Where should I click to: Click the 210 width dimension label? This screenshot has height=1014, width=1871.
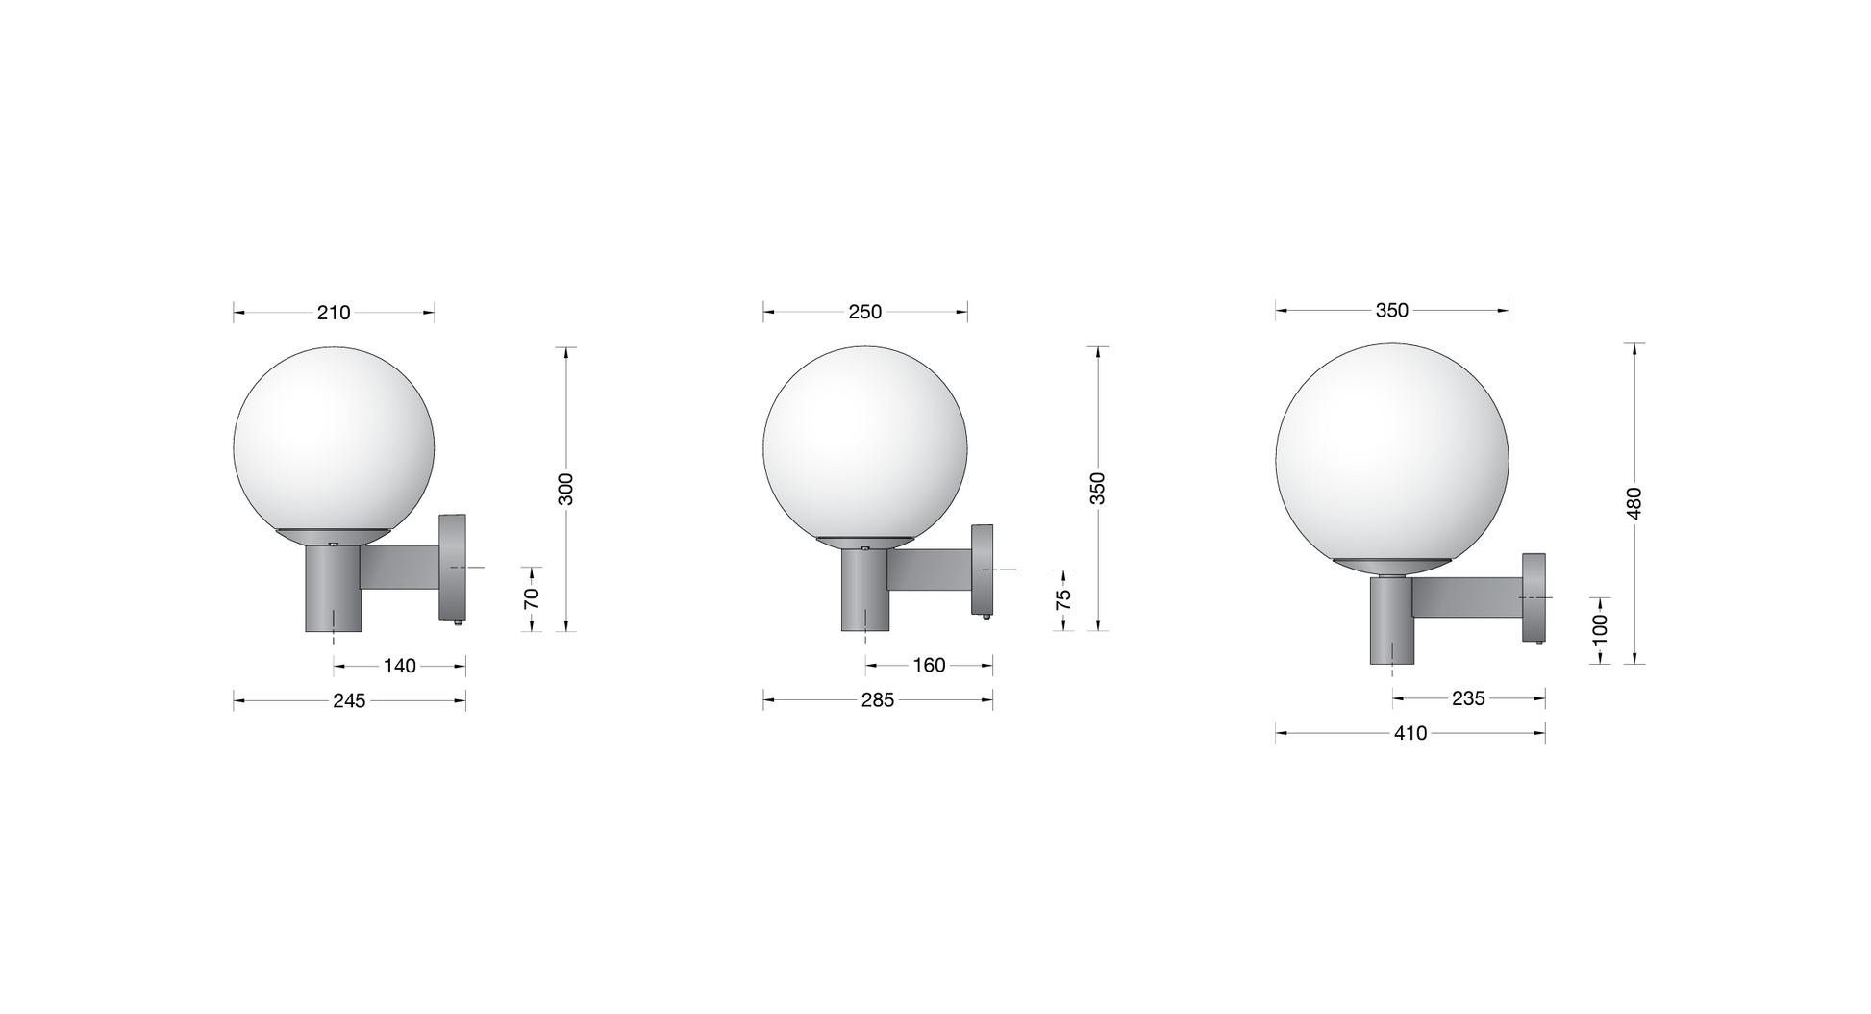pyautogui.click(x=334, y=313)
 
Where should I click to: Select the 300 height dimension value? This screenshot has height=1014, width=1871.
pyautogui.click(x=566, y=489)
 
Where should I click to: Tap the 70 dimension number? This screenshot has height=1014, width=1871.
pyautogui.click(x=532, y=598)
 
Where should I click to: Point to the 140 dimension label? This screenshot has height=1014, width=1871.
pyautogui.click(x=400, y=666)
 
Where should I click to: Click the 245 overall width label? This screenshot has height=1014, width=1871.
pyautogui.click(x=349, y=701)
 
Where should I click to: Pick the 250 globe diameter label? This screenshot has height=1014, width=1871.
pyautogui.click(x=865, y=313)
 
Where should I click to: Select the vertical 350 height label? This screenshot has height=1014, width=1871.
pyautogui.click(x=1098, y=489)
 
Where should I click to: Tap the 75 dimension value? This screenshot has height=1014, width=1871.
pyautogui.click(x=1063, y=599)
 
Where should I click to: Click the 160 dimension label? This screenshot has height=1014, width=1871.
pyautogui.click(x=929, y=666)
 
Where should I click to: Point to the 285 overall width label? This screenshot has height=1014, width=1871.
pyautogui.click(x=878, y=701)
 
